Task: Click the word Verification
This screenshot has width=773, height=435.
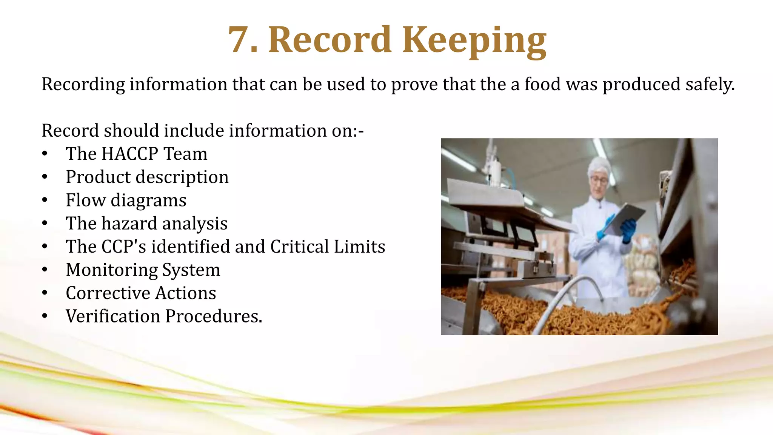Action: [113, 316]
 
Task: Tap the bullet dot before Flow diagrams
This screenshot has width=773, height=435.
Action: [45, 201]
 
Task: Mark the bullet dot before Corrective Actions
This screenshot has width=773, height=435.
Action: [45, 293]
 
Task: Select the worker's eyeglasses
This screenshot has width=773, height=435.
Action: [599, 180]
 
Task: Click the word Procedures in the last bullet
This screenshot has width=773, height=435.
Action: [214, 316]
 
